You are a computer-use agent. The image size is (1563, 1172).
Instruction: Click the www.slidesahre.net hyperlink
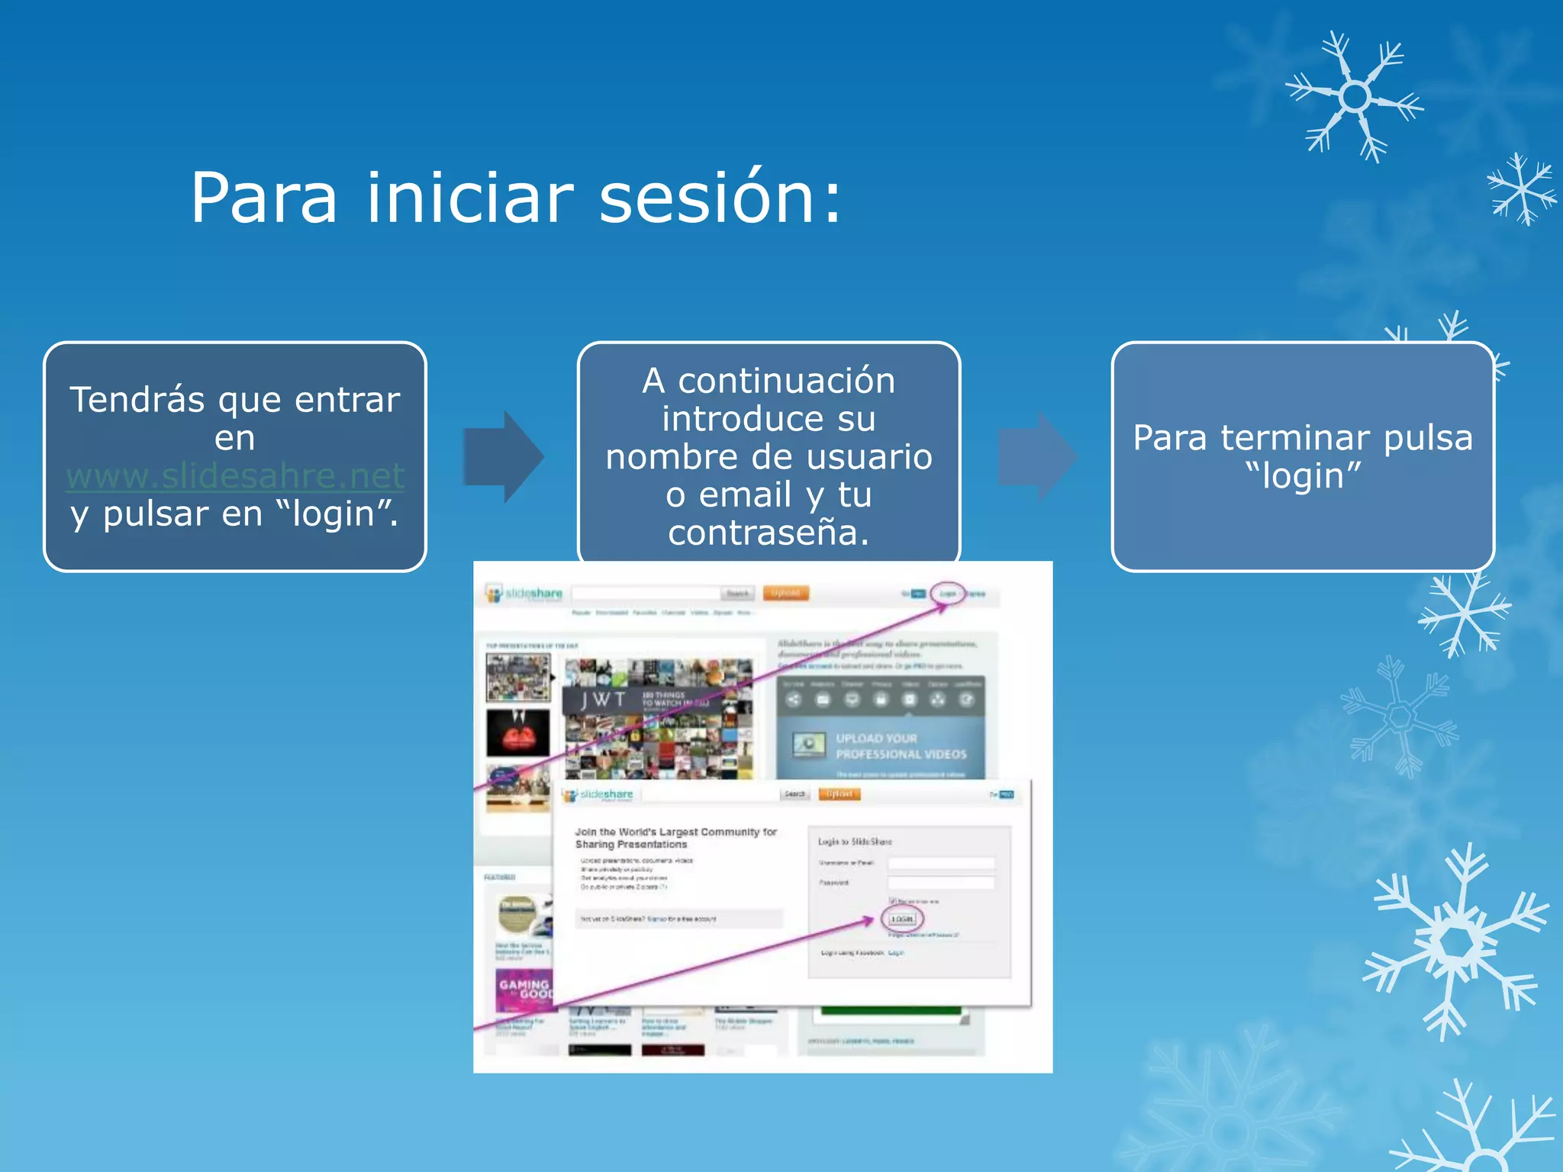click(235, 476)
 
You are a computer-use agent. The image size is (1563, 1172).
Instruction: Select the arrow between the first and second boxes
click(503, 457)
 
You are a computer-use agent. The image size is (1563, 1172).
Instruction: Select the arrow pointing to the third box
click(1037, 457)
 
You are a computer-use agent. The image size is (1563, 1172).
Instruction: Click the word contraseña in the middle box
click(769, 533)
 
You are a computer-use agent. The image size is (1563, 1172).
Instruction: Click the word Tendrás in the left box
click(137, 400)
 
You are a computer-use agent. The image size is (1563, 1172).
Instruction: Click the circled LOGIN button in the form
click(902, 919)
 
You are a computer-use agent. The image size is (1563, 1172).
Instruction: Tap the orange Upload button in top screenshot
click(785, 594)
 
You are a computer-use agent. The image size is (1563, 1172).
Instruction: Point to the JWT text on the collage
click(604, 700)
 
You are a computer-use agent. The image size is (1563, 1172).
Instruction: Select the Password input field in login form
click(941, 883)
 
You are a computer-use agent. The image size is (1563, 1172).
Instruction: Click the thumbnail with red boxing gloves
click(518, 733)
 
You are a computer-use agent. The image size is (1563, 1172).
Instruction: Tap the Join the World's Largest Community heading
click(675, 838)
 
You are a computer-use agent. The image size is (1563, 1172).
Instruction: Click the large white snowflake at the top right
click(1354, 98)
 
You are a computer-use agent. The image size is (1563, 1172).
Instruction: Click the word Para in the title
click(263, 198)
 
